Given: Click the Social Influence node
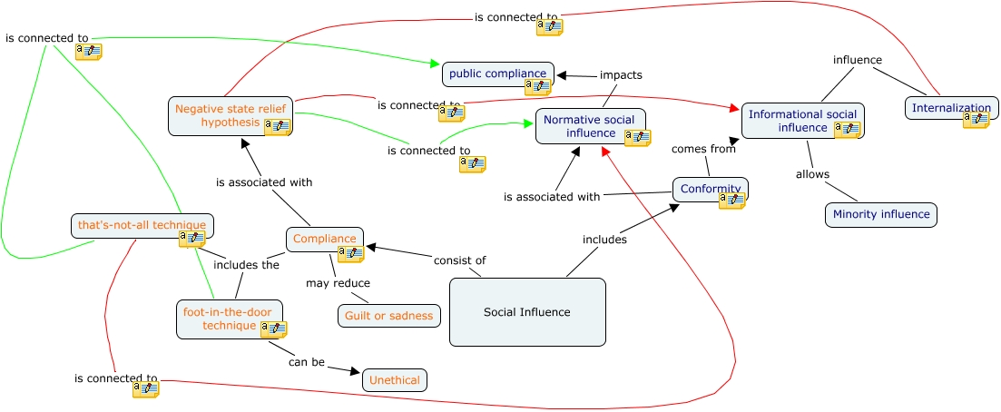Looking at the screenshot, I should (x=527, y=312).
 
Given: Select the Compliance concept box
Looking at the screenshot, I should (x=324, y=239).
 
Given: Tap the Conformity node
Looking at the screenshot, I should (x=710, y=189).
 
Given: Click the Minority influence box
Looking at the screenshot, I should (x=880, y=215).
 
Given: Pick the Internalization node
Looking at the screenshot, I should (x=951, y=108).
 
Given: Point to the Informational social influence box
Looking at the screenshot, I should (x=802, y=121).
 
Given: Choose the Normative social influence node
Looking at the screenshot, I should (x=590, y=126).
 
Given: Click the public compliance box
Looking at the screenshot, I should (x=497, y=74).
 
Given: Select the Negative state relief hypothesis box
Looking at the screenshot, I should (x=230, y=115).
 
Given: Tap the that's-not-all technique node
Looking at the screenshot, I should (x=142, y=225).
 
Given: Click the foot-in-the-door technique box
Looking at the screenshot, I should (x=229, y=319).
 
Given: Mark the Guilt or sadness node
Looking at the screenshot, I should (x=389, y=315).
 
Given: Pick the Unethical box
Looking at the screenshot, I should (x=394, y=380).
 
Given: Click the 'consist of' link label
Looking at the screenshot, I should (x=459, y=260).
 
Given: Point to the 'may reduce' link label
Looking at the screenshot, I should (x=337, y=283).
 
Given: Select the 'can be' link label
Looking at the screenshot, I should (x=306, y=362).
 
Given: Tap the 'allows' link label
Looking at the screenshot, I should (x=812, y=174).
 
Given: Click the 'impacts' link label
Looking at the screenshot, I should (x=621, y=75).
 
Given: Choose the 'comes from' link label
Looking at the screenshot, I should (x=702, y=149).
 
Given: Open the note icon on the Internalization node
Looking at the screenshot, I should (x=976, y=120).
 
